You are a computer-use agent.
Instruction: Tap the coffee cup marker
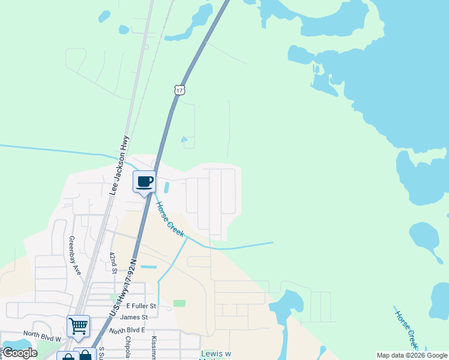pyautogui.click(x=144, y=181)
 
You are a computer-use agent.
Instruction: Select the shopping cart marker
pyautogui.click(x=78, y=326)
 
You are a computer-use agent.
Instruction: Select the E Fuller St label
pyautogui.click(x=140, y=306)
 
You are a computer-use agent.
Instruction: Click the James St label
pyautogui.click(x=133, y=317)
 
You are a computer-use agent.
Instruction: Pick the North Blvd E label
pyautogui.click(x=128, y=330)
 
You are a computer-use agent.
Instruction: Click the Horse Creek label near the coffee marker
pyautogui.click(x=170, y=218)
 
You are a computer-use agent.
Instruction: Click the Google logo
pyautogui.click(x=20, y=353)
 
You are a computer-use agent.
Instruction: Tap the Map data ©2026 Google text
pyautogui.click(x=412, y=355)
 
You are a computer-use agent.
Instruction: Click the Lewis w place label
pyautogui.click(x=215, y=354)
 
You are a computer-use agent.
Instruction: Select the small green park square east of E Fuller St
pyautogui.click(x=179, y=303)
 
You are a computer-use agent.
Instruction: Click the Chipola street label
pyautogui.click(x=128, y=347)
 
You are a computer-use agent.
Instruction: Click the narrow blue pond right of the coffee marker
pyautogui.click(x=166, y=188)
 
